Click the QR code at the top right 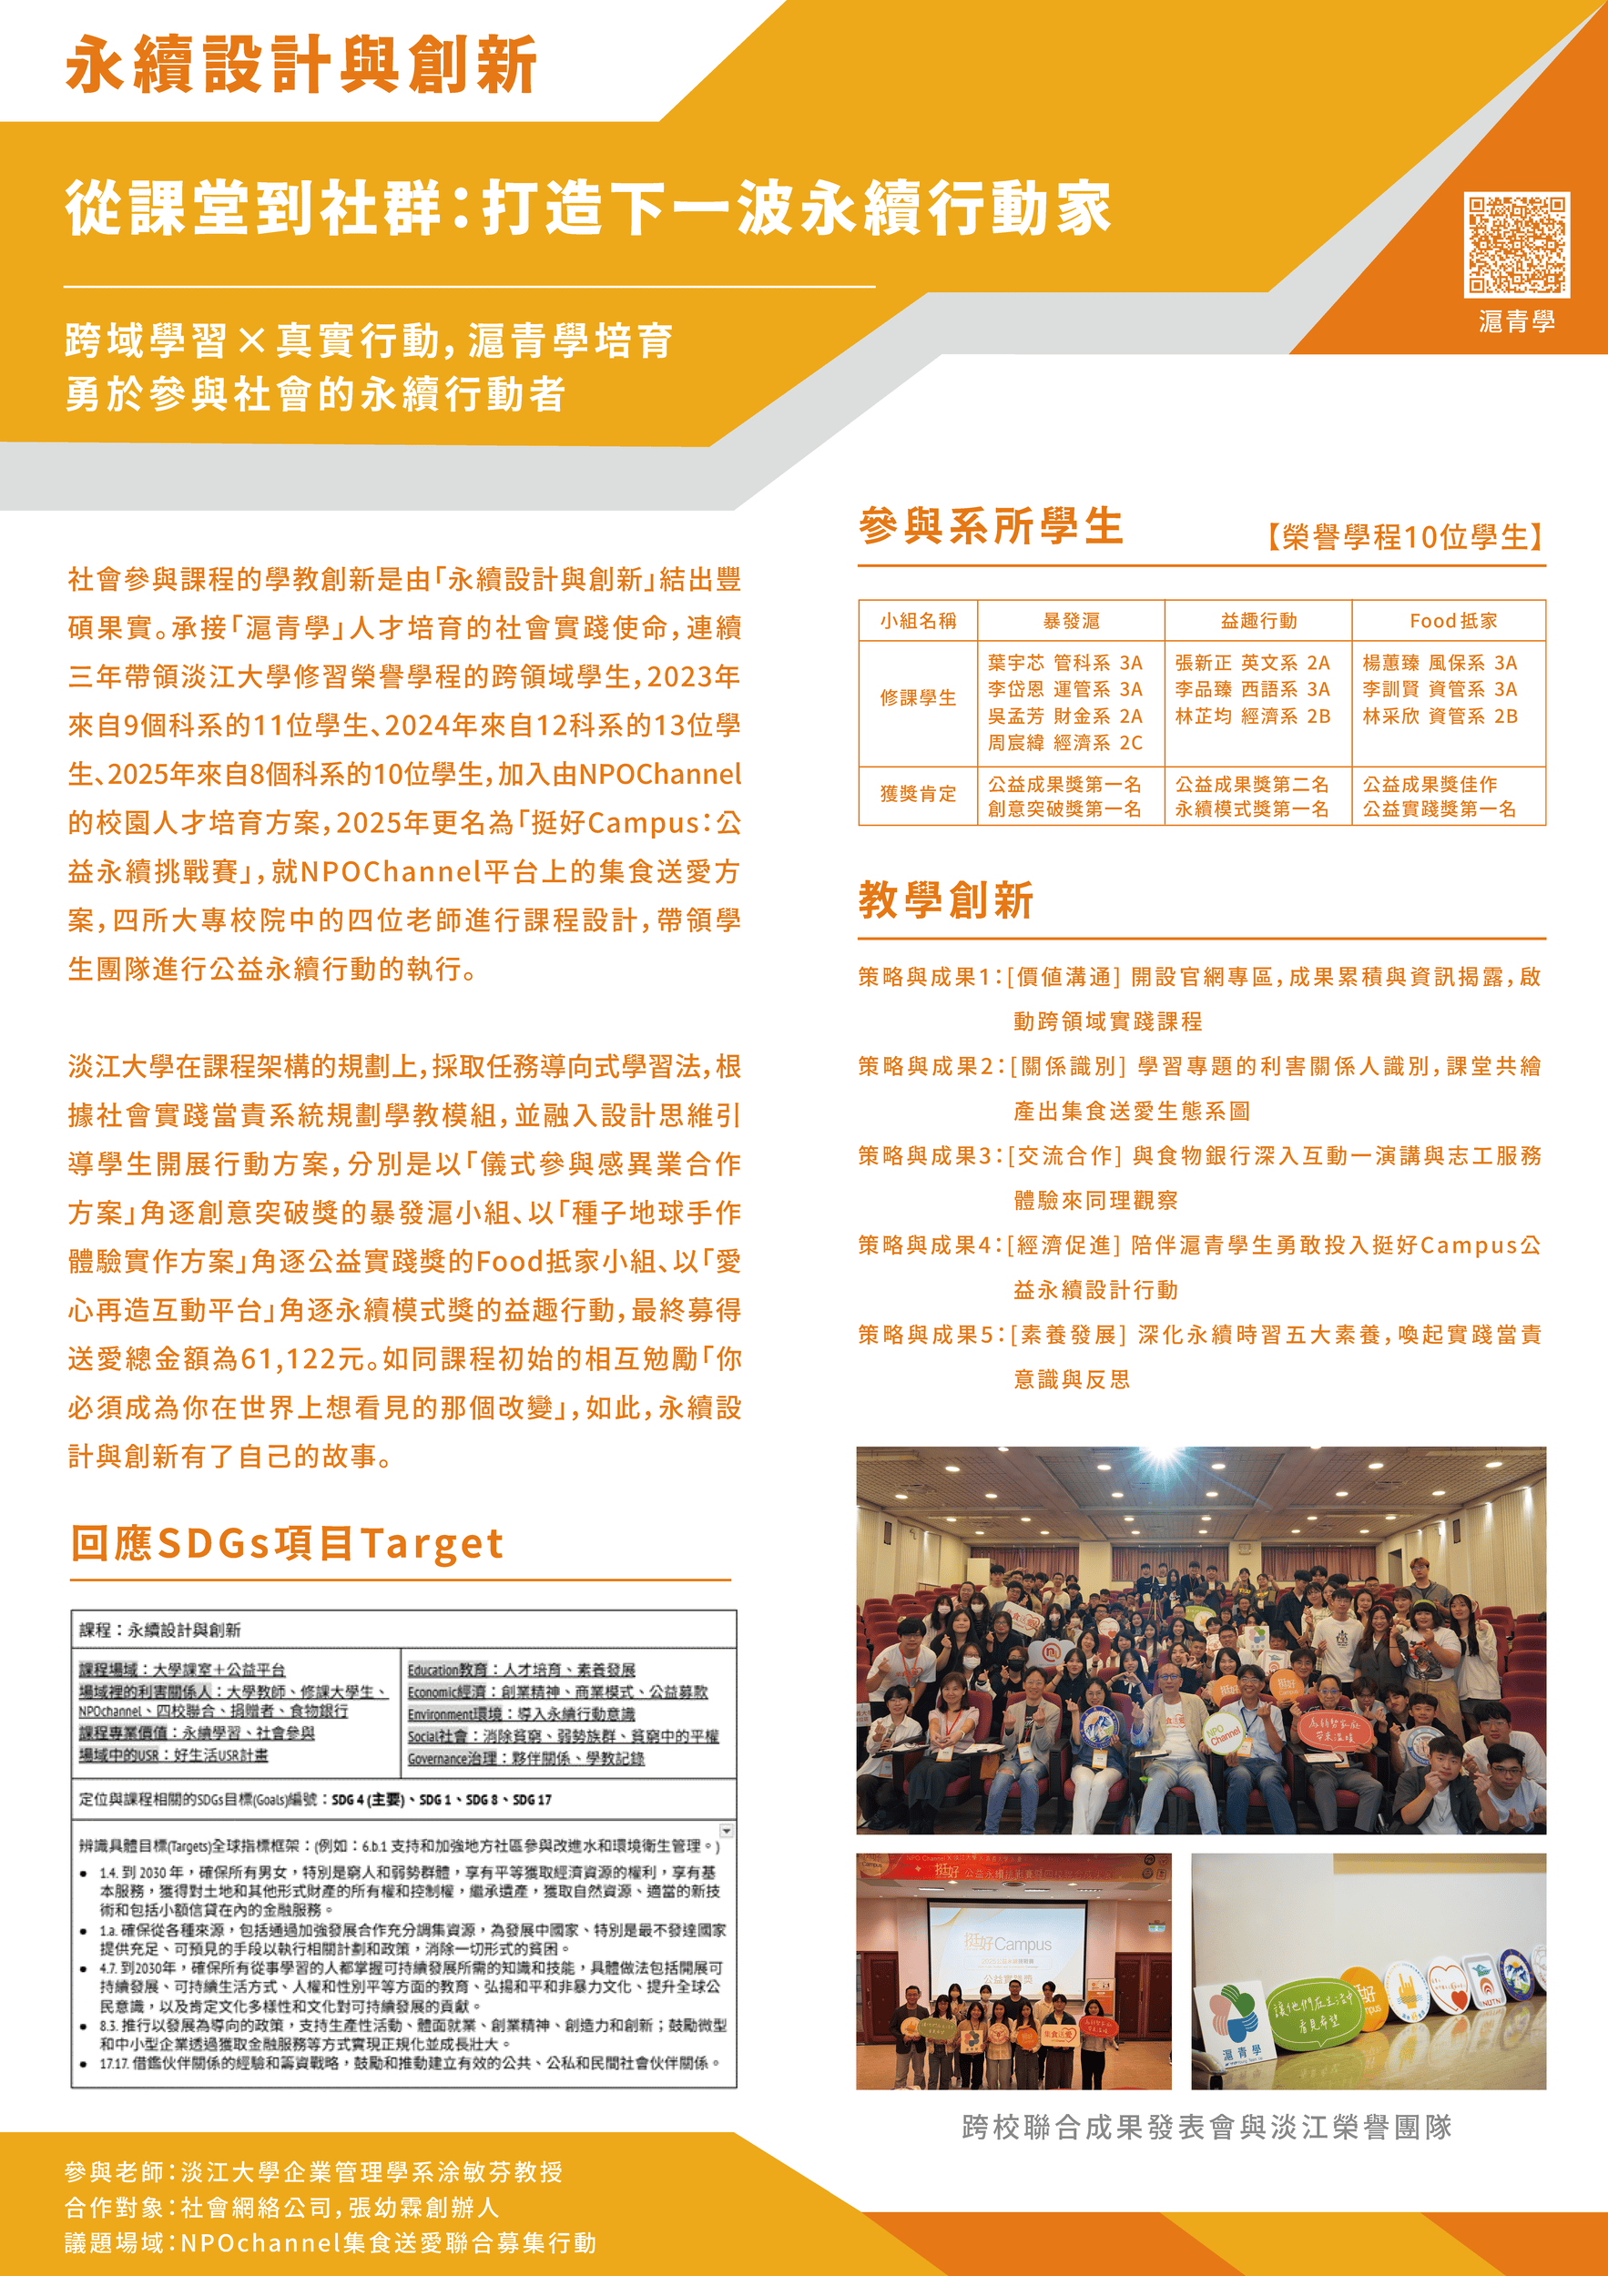point(1516,244)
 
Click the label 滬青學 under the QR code point(1517,321)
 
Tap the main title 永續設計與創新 point(301,65)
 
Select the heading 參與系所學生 point(991,526)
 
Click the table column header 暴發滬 point(1071,621)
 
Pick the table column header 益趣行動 point(1258,621)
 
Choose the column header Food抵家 point(1452,621)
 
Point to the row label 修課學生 point(918,698)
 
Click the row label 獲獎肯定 point(918,794)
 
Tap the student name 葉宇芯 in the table point(1016,662)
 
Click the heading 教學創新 point(946,900)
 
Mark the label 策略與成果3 point(929,1156)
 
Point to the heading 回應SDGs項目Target point(287,1543)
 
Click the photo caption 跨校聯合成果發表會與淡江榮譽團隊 point(1206,2127)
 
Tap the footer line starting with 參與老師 point(313,2172)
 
